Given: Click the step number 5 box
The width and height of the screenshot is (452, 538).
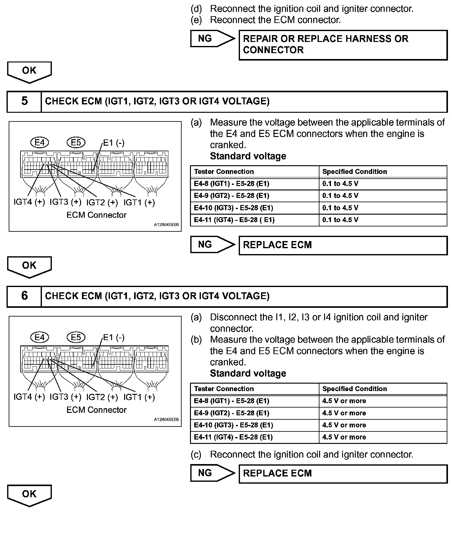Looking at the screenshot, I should pyautogui.click(x=24, y=101).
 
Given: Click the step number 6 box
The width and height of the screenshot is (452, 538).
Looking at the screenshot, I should pyautogui.click(x=24, y=296).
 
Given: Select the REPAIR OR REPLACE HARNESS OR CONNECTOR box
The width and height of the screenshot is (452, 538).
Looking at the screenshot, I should pyautogui.click(x=343, y=45).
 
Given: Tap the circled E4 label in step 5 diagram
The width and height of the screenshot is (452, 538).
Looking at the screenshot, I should pyautogui.click(x=40, y=143).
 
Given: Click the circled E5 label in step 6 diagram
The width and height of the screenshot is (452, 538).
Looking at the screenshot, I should pyautogui.click(x=76, y=337).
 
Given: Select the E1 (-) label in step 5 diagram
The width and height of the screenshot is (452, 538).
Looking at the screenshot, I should pyautogui.click(x=114, y=143).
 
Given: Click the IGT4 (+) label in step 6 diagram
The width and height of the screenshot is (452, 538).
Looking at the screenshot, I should pyautogui.click(x=29, y=397).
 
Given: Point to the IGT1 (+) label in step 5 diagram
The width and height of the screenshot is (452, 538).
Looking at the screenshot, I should pyautogui.click(x=139, y=203).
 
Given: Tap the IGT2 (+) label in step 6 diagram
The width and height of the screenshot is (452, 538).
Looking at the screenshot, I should pyautogui.click(x=102, y=397).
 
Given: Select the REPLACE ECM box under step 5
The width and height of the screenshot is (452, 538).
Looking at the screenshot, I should pyautogui.click(x=343, y=245).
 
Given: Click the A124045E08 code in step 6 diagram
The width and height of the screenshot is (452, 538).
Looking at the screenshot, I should pyautogui.click(x=166, y=419).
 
